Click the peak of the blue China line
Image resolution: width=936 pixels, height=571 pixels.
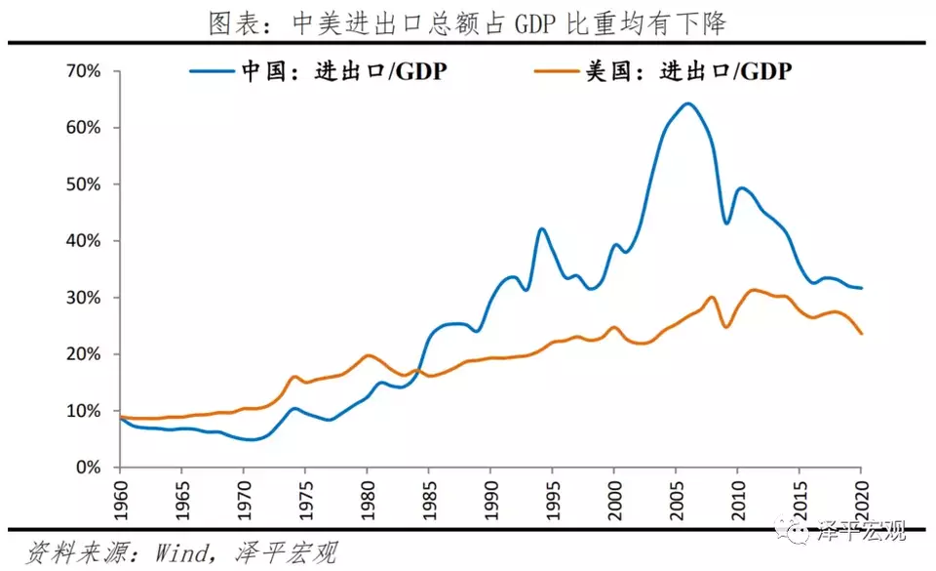click(688, 103)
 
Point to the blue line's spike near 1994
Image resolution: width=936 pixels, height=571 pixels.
click(541, 228)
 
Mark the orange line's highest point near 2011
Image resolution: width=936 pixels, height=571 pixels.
click(753, 290)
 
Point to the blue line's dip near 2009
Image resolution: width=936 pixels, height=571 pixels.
click(726, 224)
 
